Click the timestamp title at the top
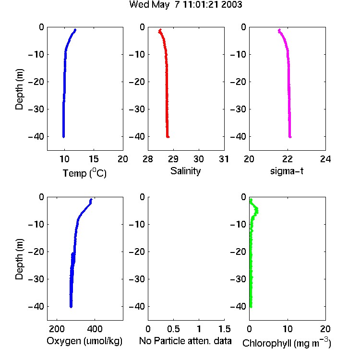click(185, 5)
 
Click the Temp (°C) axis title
click(84, 173)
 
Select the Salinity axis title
click(185, 171)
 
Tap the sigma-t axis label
click(287, 171)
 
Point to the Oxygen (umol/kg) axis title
click(84, 341)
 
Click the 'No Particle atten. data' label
click(185, 341)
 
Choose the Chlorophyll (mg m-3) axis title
click(287, 343)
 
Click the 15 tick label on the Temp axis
click(94, 159)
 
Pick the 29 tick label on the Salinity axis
click(173, 159)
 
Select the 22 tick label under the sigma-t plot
click(288, 159)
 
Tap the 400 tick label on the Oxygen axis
click(95, 329)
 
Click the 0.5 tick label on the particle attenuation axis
click(173, 329)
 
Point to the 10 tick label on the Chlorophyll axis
click(288, 329)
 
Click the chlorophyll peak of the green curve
click(257, 211)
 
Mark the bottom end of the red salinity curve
click(168, 137)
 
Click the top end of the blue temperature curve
click(75, 30)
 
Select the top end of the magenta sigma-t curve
click(279, 30)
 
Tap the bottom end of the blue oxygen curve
click(71, 307)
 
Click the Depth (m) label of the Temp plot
click(19, 89)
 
